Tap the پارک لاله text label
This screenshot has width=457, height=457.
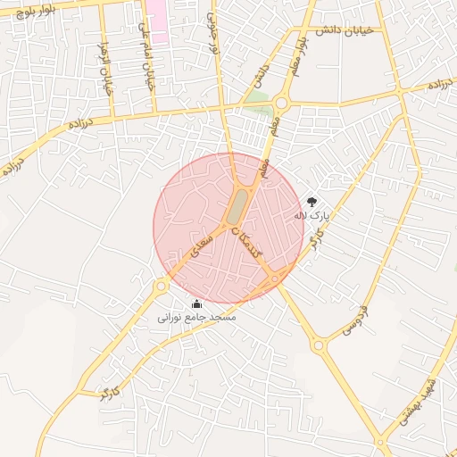point(312,215)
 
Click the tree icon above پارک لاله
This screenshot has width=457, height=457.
point(312,202)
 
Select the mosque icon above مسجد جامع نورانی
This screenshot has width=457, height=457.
point(196,304)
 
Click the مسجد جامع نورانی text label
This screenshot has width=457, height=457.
point(196,318)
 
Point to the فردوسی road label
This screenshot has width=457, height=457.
point(354,321)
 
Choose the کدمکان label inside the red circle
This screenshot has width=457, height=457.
point(246,242)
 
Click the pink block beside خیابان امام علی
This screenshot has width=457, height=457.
point(157,21)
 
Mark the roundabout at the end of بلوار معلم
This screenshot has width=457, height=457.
point(281,103)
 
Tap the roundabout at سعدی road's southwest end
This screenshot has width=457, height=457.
point(162,287)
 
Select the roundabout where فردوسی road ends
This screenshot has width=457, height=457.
point(319,345)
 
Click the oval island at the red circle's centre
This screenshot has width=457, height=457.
point(237,207)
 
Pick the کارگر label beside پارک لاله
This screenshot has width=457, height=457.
point(316,237)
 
